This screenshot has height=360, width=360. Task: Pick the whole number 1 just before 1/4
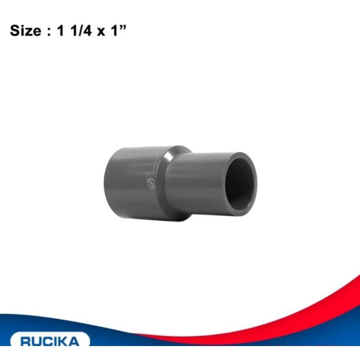(61, 33)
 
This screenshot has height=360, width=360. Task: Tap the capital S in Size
(14, 33)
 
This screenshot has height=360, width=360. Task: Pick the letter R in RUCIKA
(26, 342)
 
